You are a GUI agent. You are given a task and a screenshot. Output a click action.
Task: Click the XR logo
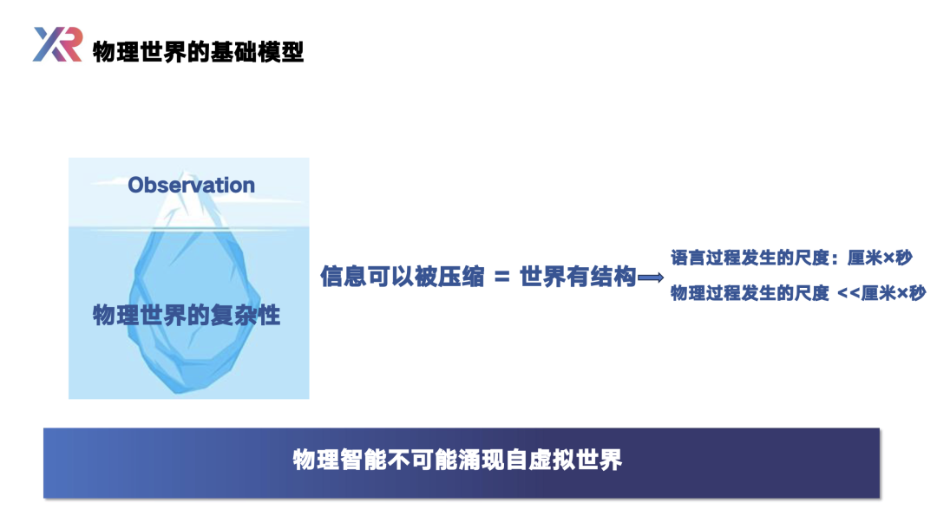click(57, 44)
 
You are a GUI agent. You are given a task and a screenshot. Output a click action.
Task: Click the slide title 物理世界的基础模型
click(199, 52)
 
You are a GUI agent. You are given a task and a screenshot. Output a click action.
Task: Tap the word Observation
click(191, 185)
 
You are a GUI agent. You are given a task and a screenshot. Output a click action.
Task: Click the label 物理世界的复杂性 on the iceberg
click(187, 315)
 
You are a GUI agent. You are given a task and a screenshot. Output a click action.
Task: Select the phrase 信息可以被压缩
click(403, 277)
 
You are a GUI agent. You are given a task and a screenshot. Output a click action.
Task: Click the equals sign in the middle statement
click(502, 278)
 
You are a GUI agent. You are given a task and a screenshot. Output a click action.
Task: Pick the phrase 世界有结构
click(578, 277)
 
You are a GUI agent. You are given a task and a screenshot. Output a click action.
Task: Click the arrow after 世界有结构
click(651, 278)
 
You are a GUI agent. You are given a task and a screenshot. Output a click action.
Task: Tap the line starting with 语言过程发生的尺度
click(791, 258)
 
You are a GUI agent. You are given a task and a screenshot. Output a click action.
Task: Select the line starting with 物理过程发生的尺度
click(798, 292)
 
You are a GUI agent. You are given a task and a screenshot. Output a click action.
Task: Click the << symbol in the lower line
click(849, 293)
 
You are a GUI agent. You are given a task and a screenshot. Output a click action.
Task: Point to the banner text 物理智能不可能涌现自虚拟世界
click(458, 460)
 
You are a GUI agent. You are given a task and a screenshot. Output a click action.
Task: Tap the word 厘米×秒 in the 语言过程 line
click(880, 258)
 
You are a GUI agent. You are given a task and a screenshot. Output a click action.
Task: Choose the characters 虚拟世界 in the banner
click(575, 460)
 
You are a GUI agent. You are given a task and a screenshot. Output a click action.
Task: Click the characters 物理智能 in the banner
click(340, 460)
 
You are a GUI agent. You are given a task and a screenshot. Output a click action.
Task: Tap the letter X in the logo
click(48, 44)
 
